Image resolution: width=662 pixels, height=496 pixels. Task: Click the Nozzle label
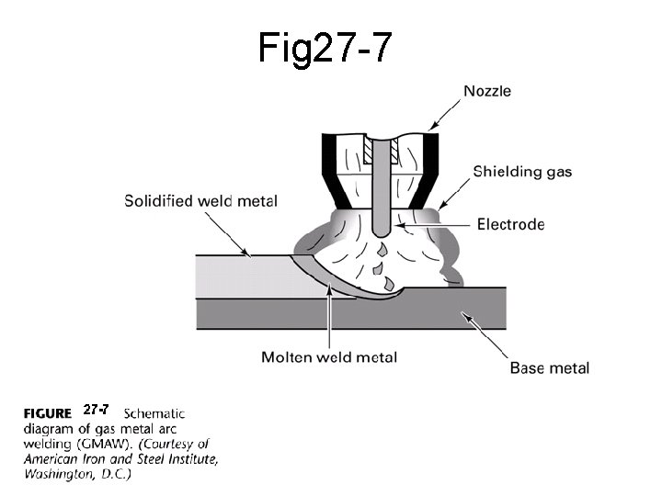click(487, 91)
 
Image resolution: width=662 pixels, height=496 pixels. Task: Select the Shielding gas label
click(522, 172)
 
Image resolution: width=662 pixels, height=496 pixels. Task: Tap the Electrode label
click(511, 224)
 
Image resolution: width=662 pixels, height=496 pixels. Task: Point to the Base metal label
click(549, 368)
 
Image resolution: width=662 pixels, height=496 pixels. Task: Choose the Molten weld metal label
click(329, 356)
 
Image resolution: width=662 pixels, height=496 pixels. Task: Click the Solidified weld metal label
click(200, 200)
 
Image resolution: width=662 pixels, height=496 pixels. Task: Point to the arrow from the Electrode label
click(432, 224)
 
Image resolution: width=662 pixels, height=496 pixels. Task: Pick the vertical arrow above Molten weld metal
click(329, 317)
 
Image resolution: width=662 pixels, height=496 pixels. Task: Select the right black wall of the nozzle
click(429, 170)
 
